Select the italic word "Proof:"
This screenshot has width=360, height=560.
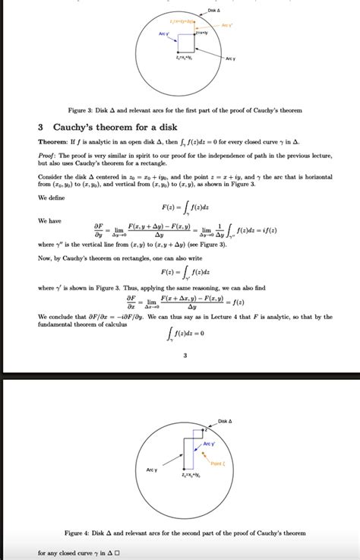click(49, 156)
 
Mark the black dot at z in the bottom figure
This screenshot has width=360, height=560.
click(205, 429)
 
